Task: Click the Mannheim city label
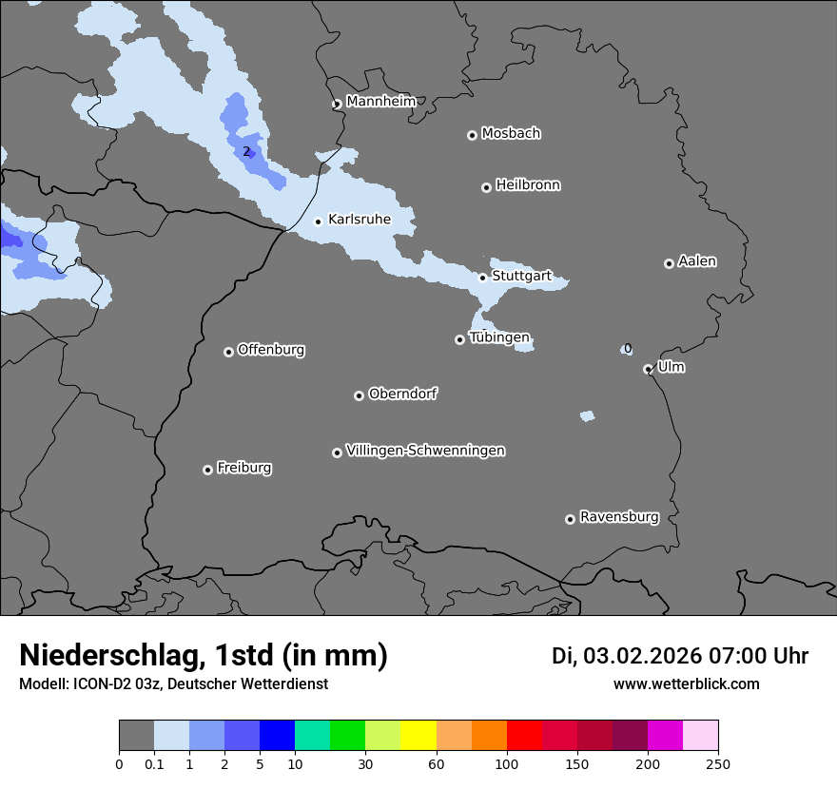coord(380,102)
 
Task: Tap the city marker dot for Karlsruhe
coord(318,221)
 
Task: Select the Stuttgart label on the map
coord(521,276)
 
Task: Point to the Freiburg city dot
coord(207,470)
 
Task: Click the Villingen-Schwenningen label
coord(425,451)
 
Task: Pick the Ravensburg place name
coord(619,517)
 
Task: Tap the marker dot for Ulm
coord(648,369)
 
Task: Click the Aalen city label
coord(697,261)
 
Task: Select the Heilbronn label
coord(528,185)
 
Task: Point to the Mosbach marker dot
coord(472,135)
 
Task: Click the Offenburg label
coord(271,350)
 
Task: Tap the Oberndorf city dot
coord(359,395)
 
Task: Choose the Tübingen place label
coord(499,337)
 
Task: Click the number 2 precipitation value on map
coord(245,151)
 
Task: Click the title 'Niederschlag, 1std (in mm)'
coord(204,655)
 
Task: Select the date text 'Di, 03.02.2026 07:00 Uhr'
coord(680,656)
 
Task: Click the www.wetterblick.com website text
coord(686,683)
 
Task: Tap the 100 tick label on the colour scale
coord(507,763)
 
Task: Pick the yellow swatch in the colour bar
coord(418,736)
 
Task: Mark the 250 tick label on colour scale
coord(718,763)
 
